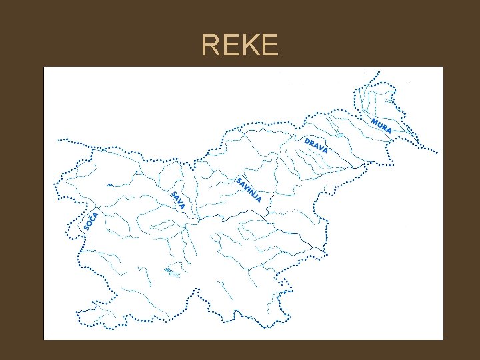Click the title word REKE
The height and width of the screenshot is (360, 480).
pyautogui.click(x=239, y=45)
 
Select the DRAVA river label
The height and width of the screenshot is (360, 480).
pyautogui.click(x=316, y=145)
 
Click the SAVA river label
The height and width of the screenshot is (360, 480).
pyautogui.click(x=177, y=200)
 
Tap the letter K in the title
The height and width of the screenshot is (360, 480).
pyautogui.click(x=249, y=45)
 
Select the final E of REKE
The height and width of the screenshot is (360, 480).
pyautogui.click(x=268, y=45)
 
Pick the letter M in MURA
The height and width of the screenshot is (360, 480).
pyautogui.click(x=375, y=121)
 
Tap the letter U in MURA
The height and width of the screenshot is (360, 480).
pyautogui.click(x=379, y=125)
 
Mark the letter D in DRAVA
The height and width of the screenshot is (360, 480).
pyautogui.click(x=307, y=141)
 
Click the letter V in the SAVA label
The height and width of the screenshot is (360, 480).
pyautogui.click(x=179, y=202)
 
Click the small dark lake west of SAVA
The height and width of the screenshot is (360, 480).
pyautogui.click(x=107, y=183)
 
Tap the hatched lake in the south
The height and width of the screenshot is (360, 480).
pyautogui.click(x=172, y=272)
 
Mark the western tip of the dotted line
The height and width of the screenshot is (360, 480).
pyautogui.click(x=59, y=140)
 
